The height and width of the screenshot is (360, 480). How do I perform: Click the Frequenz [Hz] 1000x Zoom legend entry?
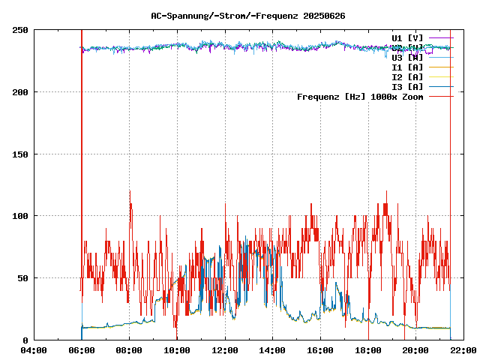tap(360, 96)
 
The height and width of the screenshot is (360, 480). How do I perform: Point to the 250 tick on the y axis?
tap(20, 30)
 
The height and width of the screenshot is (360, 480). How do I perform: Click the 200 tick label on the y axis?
tap(20, 92)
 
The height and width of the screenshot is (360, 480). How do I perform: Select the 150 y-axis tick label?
tap(20, 154)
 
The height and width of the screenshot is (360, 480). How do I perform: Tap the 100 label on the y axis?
tap(20, 216)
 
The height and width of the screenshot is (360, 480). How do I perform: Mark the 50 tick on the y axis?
tap(22, 278)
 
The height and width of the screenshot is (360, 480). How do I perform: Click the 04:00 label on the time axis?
tap(34, 350)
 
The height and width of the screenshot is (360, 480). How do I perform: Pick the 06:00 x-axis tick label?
tap(81, 350)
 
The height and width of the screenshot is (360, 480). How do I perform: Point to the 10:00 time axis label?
tap(177, 350)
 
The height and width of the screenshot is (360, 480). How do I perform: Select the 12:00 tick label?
tap(225, 350)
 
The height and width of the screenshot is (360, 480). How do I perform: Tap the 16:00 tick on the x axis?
tap(320, 350)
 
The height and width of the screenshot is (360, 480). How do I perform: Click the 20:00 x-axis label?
tap(416, 350)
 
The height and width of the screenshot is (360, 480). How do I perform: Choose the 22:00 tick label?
tap(463, 350)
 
